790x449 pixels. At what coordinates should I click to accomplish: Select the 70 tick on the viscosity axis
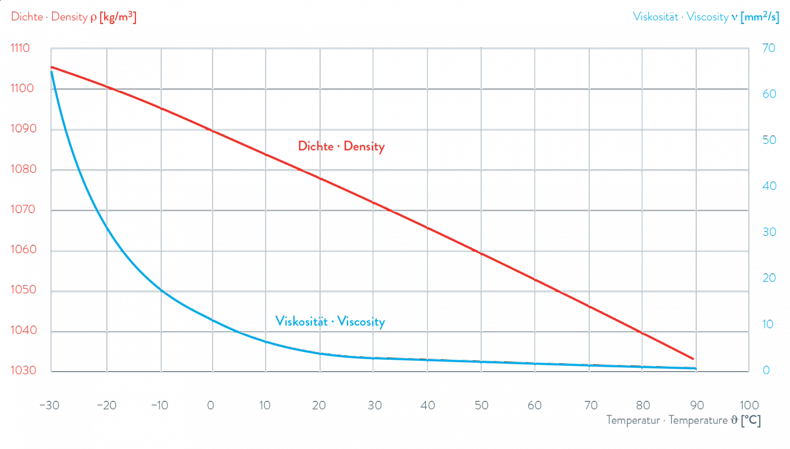click(x=769, y=49)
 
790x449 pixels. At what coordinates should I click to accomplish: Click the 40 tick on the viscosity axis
click(x=769, y=186)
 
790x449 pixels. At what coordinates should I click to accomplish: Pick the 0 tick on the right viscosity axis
click(x=766, y=371)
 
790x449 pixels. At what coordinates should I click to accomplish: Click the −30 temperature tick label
click(x=50, y=406)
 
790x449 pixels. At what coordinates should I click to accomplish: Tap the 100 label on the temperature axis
click(x=749, y=406)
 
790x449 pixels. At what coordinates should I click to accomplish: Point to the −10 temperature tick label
click(x=158, y=406)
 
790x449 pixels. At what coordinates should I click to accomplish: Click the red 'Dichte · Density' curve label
click(x=341, y=147)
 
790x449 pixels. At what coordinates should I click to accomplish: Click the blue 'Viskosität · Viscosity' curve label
click(x=330, y=322)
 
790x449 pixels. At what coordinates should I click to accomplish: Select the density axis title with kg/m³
click(x=74, y=18)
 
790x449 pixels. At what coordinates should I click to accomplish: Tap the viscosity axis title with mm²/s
click(x=706, y=18)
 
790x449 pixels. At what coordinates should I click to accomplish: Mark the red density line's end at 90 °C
click(x=695, y=359)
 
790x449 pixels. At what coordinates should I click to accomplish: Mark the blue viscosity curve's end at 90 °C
click(x=695, y=369)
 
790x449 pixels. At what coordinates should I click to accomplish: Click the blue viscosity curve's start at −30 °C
click(x=51, y=70)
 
